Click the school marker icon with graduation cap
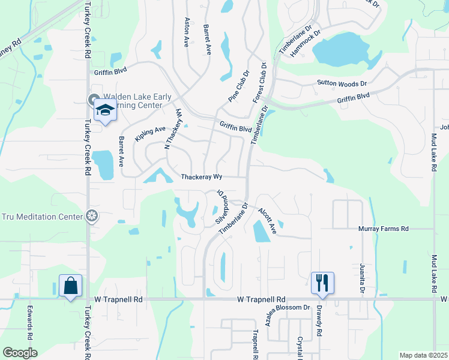click(x=105, y=111)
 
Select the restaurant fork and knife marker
click(x=322, y=282)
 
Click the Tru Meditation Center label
click(x=42, y=217)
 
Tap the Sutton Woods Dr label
click(x=342, y=83)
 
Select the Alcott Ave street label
click(x=267, y=220)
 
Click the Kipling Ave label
click(x=149, y=134)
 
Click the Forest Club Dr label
click(x=259, y=82)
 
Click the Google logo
click(x=20, y=353)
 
